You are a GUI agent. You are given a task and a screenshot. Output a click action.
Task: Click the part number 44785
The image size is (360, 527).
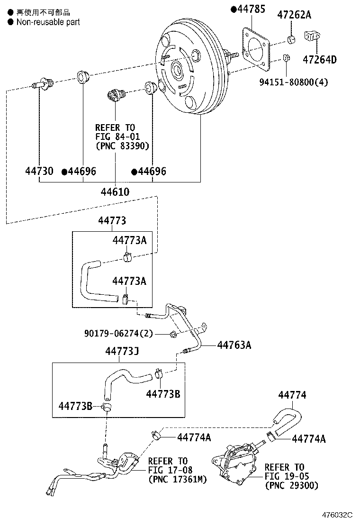(x=251, y=9)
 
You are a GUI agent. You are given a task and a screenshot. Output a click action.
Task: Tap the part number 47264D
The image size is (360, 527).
(x=320, y=59)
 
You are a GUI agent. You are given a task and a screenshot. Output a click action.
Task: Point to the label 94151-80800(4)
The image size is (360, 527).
(x=293, y=82)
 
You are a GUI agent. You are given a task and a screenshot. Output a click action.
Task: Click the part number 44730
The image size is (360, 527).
(x=39, y=171)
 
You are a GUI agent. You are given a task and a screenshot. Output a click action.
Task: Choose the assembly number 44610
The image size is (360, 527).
(x=115, y=191)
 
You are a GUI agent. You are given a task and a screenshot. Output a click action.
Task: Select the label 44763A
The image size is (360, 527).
(x=234, y=345)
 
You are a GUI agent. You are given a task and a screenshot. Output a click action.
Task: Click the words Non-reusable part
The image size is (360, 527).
(x=48, y=22)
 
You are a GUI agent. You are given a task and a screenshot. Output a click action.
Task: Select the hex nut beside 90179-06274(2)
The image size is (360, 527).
(x=173, y=335)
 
